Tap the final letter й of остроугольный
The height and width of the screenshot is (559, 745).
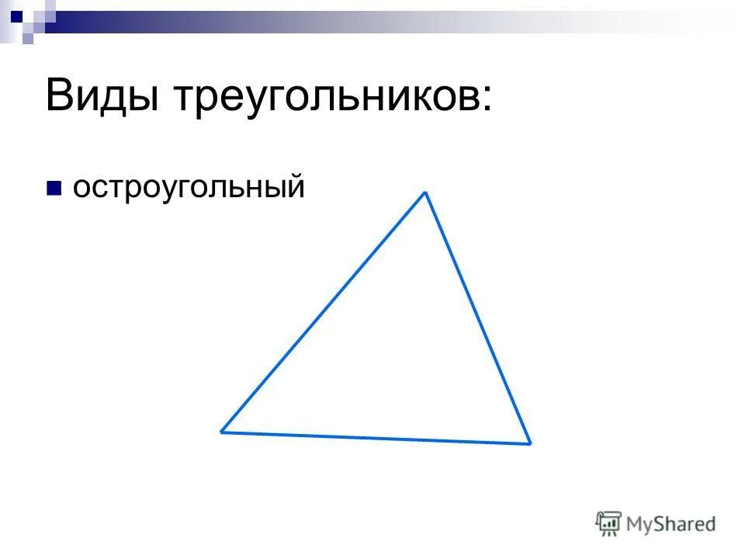[x=293, y=186]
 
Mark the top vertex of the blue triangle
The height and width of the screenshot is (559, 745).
[x=424, y=193]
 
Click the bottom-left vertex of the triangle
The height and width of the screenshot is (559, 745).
[x=222, y=431]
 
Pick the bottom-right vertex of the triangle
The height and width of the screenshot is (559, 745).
[x=530, y=443]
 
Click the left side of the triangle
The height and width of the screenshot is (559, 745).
[x=323, y=312]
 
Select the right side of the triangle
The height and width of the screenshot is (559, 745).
[x=477, y=318]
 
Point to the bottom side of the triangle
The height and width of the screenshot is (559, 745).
[x=376, y=437]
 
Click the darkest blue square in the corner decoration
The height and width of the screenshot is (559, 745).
[x=16, y=14]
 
